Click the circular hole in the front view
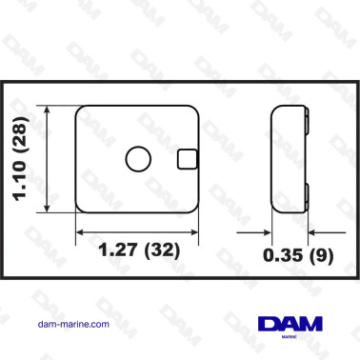tap(138, 159)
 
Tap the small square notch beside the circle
tap(188, 159)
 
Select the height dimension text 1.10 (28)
tap(21, 159)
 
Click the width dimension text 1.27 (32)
tap(139, 250)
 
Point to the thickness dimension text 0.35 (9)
tap(298, 255)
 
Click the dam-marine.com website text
tap(73, 324)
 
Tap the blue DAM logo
tap(290, 324)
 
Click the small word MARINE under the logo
tap(290, 337)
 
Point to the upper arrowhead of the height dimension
tap(48, 110)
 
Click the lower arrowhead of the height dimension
tap(48, 209)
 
